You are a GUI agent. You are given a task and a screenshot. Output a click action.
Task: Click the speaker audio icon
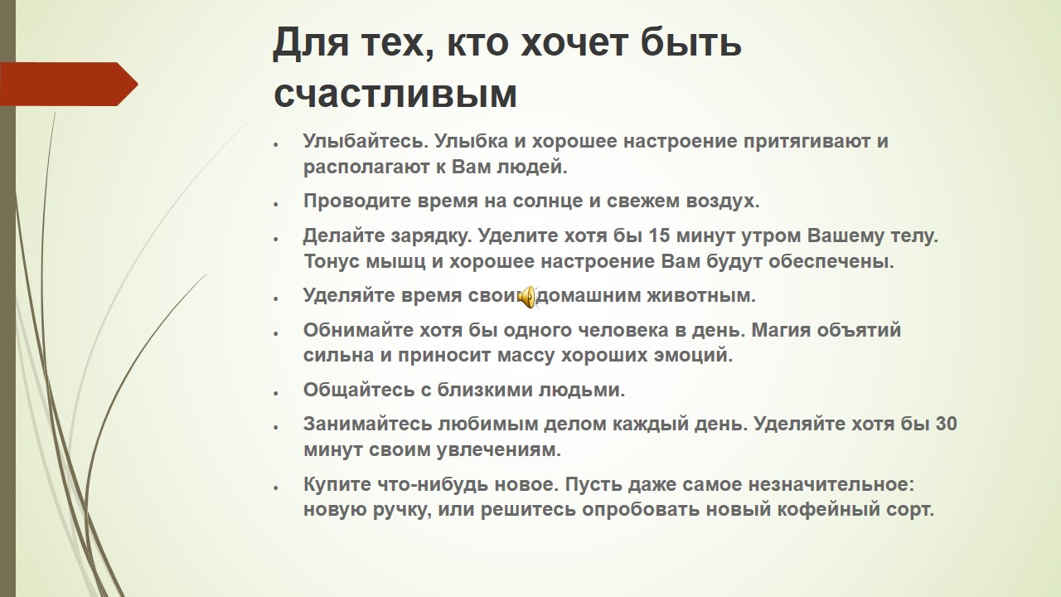tap(527, 297)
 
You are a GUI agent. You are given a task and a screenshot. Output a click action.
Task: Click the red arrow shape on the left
tap(69, 84)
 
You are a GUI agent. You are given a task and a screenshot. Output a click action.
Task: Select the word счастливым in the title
tap(395, 94)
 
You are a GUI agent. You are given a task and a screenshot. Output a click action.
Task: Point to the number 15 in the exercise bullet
tap(659, 235)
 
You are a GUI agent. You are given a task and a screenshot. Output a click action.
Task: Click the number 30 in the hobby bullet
tap(946, 424)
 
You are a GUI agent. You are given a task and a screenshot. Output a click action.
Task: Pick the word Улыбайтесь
tap(366, 141)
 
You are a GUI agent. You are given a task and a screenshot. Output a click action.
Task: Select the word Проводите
tap(357, 201)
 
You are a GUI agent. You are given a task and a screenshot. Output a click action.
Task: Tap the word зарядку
tap(431, 236)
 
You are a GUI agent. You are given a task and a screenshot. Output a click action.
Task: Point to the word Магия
tap(781, 330)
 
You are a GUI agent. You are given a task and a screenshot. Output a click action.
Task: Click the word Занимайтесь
tap(367, 424)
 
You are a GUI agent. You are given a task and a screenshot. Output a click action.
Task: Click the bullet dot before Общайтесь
tap(276, 393)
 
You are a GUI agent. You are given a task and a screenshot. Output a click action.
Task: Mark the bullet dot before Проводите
tap(276, 204)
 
